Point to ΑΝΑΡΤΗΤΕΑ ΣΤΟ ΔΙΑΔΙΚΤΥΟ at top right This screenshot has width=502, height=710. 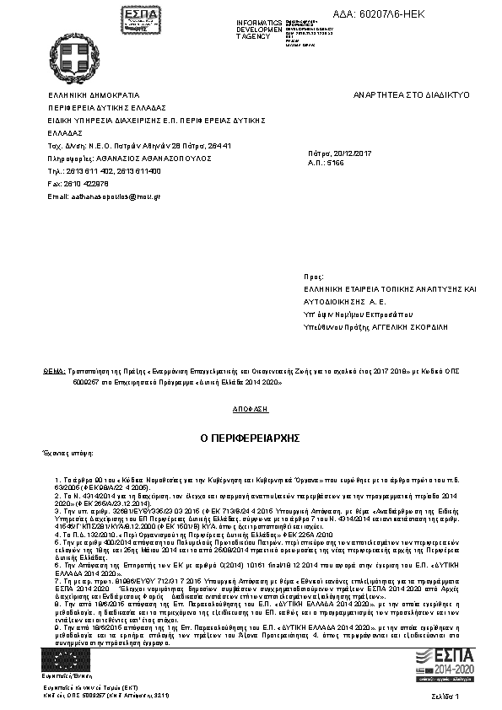(x=411, y=96)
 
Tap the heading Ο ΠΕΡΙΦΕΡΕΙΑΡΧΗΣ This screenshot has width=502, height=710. (x=250, y=438)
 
